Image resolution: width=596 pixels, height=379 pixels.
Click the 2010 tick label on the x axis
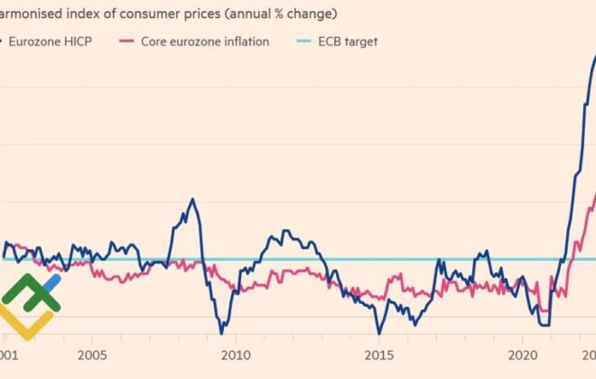[236, 355]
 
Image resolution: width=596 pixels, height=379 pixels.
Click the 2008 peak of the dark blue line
[192, 199]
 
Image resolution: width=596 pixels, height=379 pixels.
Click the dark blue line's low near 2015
[379, 333]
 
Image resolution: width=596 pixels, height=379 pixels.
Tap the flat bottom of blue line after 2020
[544, 324]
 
